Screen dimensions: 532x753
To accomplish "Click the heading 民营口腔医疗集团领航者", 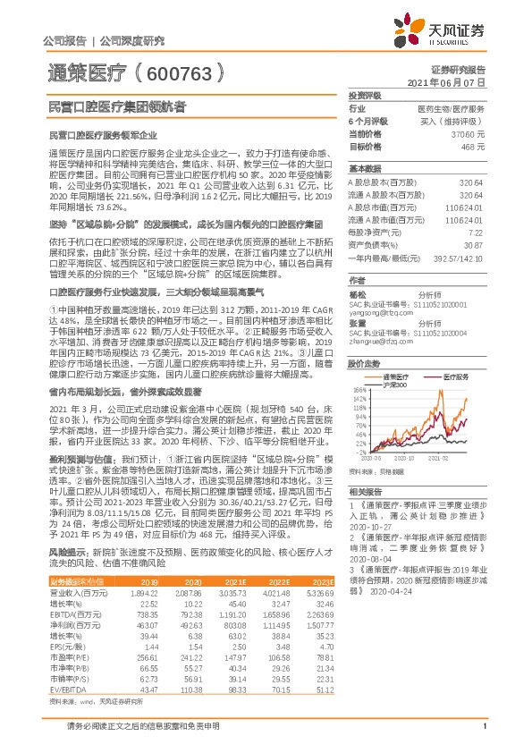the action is pos(113,106).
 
